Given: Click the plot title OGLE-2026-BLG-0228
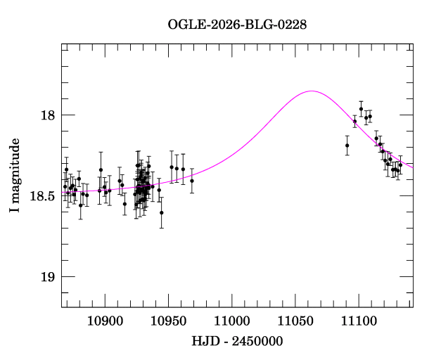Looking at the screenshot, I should tap(237, 25).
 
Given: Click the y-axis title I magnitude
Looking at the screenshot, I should tap(15, 176).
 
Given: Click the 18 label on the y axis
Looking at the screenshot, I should tap(47, 115).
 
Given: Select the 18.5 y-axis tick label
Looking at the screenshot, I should tap(42, 196).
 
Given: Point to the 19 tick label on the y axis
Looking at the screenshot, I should tap(47, 277).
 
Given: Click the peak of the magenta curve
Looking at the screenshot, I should tap(311, 91).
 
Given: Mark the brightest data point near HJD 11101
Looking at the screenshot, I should tap(361, 109).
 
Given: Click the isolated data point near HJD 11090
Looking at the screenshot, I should tap(347, 146).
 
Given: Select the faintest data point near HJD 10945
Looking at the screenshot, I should tap(161, 212).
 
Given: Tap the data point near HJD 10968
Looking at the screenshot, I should tap(191, 181).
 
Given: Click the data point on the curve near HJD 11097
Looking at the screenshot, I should tap(354, 122).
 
